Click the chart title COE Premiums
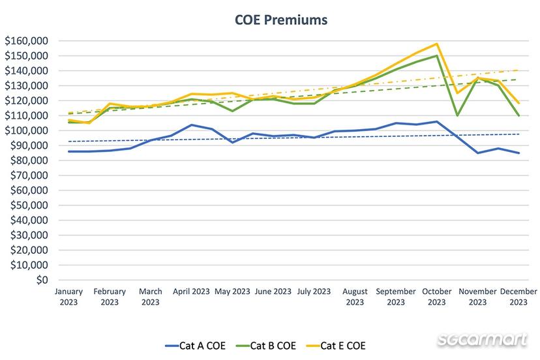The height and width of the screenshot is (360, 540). (x=281, y=20)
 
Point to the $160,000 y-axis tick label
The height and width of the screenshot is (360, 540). (x=26, y=40)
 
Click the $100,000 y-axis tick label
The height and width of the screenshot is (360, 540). (x=26, y=130)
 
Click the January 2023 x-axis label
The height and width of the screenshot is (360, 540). (x=68, y=297)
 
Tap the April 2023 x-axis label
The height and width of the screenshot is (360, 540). (x=191, y=292)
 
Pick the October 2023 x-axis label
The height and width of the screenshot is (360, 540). (x=436, y=297)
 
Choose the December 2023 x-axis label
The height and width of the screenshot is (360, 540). (x=518, y=297)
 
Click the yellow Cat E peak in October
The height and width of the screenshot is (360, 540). (x=436, y=44)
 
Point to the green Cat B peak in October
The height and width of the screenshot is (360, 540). (x=436, y=56)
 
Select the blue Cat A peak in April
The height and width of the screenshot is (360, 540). (x=191, y=125)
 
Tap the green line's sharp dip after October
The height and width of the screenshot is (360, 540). (x=457, y=115)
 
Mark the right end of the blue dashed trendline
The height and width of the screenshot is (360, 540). (x=518, y=134)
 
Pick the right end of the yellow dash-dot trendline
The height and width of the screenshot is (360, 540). (x=518, y=70)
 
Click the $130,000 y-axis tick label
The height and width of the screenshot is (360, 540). (x=26, y=85)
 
